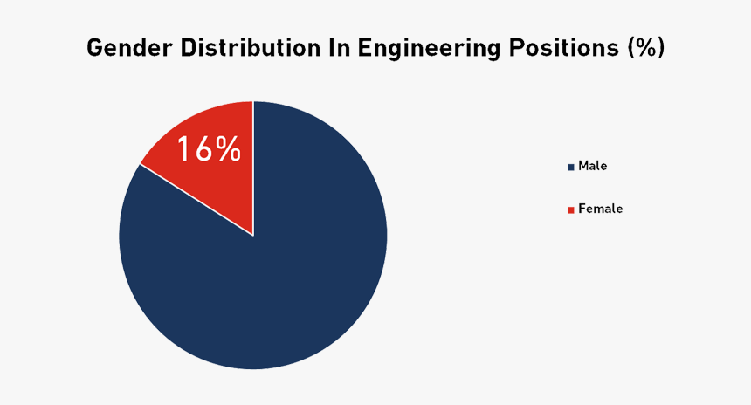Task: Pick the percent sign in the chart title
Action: (x=645, y=49)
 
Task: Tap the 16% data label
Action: (x=209, y=149)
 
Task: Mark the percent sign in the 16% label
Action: (x=227, y=149)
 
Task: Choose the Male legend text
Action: (x=592, y=166)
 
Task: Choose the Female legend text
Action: (x=600, y=209)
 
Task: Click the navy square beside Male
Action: (x=571, y=167)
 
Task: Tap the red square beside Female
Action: (x=571, y=210)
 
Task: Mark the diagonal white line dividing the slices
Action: (x=196, y=200)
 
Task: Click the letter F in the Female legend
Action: (x=582, y=209)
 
